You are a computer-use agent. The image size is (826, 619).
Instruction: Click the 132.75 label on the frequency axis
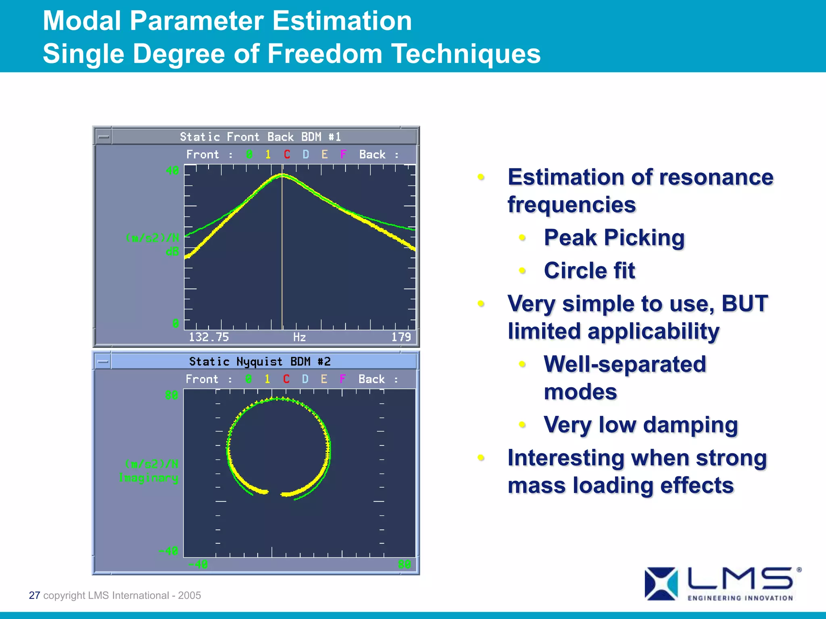point(209,337)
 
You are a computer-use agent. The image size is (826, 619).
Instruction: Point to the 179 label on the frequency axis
point(401,337)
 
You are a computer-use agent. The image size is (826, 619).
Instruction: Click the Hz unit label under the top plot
point(299,337)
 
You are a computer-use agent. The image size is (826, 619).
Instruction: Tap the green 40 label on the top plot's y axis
point(172,170)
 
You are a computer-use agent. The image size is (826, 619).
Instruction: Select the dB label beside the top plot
point(172,252)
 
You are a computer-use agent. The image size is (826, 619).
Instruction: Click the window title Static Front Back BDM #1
point(260,137)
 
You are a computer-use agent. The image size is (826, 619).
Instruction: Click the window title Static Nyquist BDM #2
point(260,361)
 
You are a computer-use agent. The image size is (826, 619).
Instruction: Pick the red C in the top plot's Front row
point(287,154)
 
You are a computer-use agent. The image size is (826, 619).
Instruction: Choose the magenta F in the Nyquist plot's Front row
point(342,379)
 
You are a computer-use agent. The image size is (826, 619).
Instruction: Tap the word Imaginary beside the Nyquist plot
point(148,478)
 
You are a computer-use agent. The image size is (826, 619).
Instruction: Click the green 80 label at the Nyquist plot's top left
point(171,395)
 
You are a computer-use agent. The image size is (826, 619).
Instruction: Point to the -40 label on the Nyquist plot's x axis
point(198,564)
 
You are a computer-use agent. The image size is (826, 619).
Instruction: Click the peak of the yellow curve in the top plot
point(282,175)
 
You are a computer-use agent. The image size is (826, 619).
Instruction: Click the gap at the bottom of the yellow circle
point(275,493)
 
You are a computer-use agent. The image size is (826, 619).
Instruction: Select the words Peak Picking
point(614,237)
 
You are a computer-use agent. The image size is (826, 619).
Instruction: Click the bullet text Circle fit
point(589,270)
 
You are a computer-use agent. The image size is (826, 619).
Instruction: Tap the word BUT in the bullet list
point(744,303)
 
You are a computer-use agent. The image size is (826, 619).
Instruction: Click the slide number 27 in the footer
point(34,595)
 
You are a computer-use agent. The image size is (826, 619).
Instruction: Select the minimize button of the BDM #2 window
point(103,361)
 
